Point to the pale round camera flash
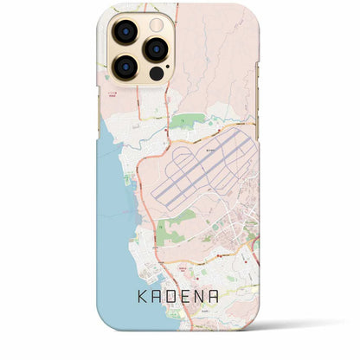click(155, 23)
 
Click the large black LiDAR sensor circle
click(156, 73)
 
